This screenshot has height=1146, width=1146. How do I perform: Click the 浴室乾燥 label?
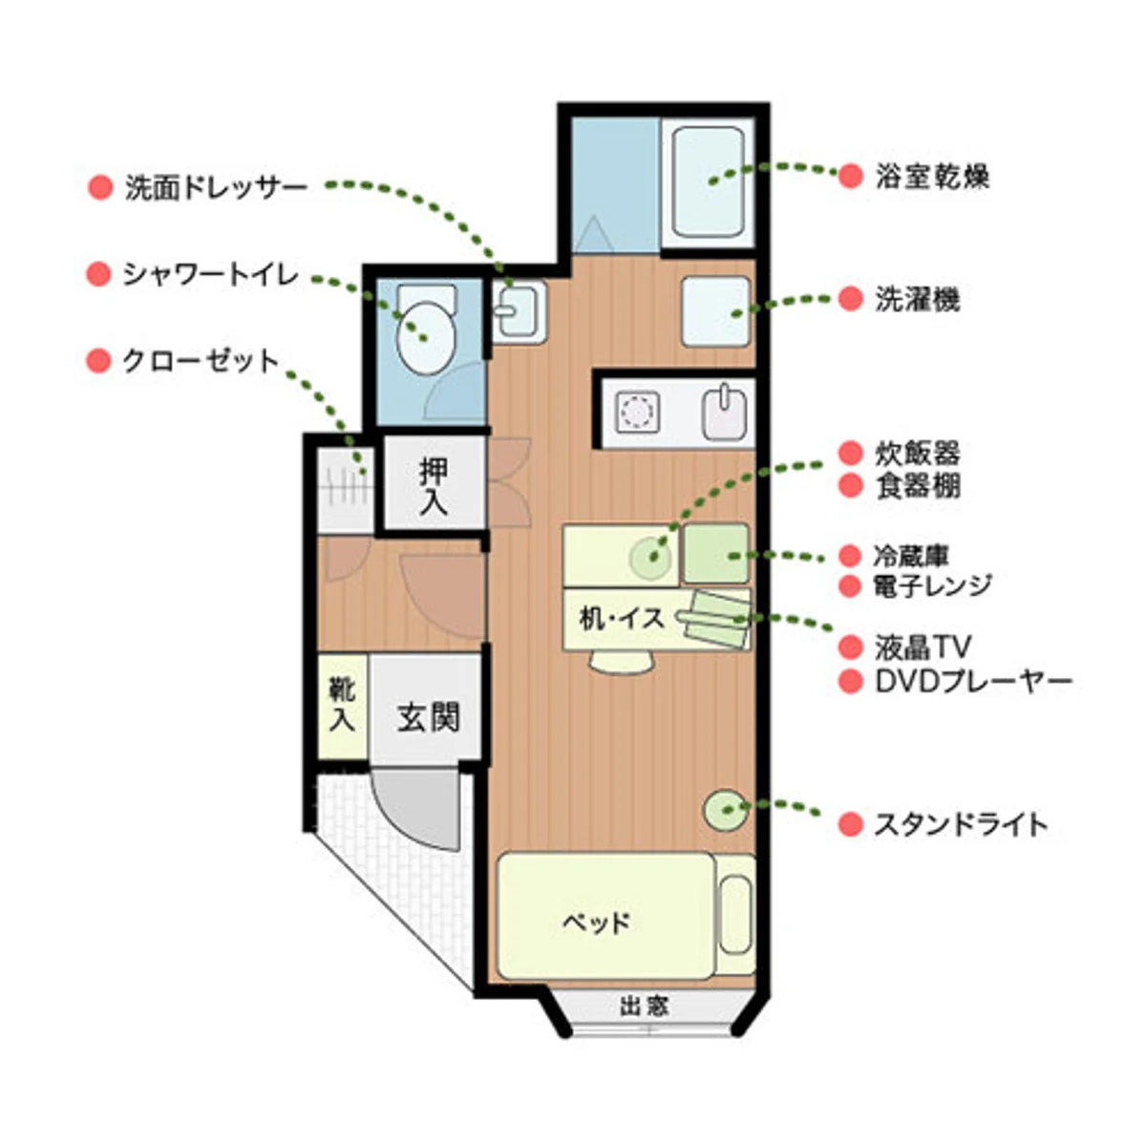[931, 177]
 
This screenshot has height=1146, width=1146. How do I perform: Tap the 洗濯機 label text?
[917, 300]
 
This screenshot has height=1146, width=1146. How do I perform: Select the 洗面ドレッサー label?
[216, 187]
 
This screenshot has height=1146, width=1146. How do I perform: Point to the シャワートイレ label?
[210, 276]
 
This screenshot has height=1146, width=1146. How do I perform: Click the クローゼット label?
[201, 361]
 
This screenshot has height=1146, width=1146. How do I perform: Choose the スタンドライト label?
[961, 824]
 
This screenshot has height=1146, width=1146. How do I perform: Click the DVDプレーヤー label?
[972, 682]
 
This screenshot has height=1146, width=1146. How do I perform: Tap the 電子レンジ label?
[932, 585]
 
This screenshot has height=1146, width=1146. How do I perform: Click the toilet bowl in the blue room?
[425, 339]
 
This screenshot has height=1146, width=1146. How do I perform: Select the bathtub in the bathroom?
[708, 181]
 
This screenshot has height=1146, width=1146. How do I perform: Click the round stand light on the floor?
[725, 811]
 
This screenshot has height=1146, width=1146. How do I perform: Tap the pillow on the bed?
[734, 915]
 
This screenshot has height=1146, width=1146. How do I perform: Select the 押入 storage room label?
[434, 485]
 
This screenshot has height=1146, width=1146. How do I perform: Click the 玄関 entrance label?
[429, 716]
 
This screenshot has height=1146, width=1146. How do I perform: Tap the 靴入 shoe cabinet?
[342, 705]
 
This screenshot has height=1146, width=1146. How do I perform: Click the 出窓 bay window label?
[644, 1006]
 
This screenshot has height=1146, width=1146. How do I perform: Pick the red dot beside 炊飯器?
[850, 453]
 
